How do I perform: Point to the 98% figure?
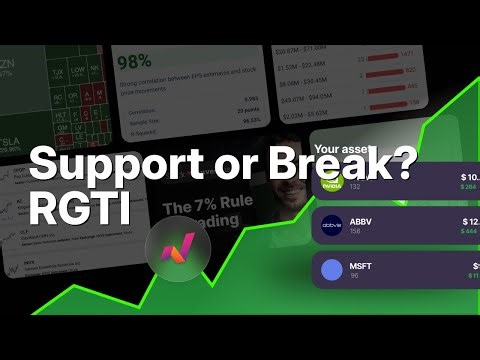[x=134, y=61]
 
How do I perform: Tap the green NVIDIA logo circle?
[x=333, y=183]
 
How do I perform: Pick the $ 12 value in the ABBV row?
[x=469, y=221]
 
